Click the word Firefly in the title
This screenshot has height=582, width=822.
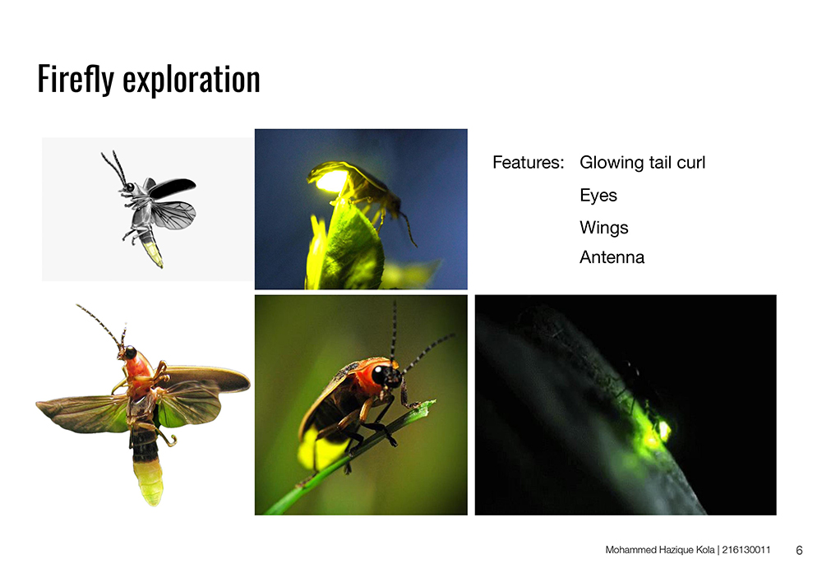[76, 79]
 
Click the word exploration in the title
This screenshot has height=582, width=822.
[192, 79]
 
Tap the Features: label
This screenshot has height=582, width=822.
[528, 163]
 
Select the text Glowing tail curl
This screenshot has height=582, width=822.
[642, 163]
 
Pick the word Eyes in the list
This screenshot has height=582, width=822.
[598, 196]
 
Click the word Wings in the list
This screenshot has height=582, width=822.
[603, 228]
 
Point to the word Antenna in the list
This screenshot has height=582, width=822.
[612, 257]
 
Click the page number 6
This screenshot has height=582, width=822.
[799, 550]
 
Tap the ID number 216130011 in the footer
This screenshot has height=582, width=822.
[746, 549]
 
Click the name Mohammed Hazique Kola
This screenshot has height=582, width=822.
[659, 550]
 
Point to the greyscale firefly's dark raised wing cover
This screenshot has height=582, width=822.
[172, 187]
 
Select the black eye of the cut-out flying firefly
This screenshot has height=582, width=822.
[131, 353]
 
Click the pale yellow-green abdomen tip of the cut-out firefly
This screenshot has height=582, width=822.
[149, 482]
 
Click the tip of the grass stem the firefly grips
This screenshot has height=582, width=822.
[433, 402]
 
